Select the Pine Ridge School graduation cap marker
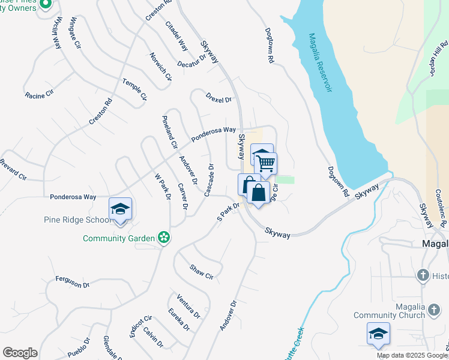coord(120,209)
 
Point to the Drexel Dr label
coord(218,97)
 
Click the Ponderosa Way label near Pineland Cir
coord(214,133)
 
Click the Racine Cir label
coord(40,95)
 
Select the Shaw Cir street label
coord(201,272)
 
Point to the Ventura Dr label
coord(188,305)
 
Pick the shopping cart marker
coord(265,164)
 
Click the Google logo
coord(20,353)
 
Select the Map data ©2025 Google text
coord(412,355)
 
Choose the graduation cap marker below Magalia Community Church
coord(378,334)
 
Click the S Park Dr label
coord(228,211)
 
